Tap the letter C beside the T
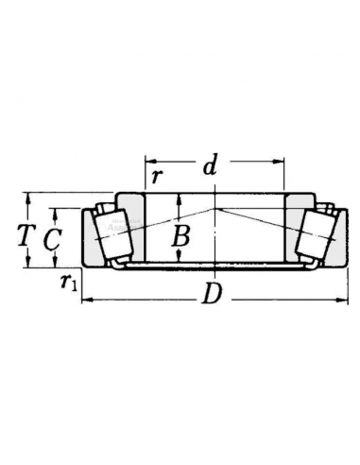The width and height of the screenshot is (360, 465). click(53, 240)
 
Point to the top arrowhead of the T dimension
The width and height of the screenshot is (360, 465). click(28, 196)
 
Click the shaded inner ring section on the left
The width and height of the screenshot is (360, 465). click(132, 227)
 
